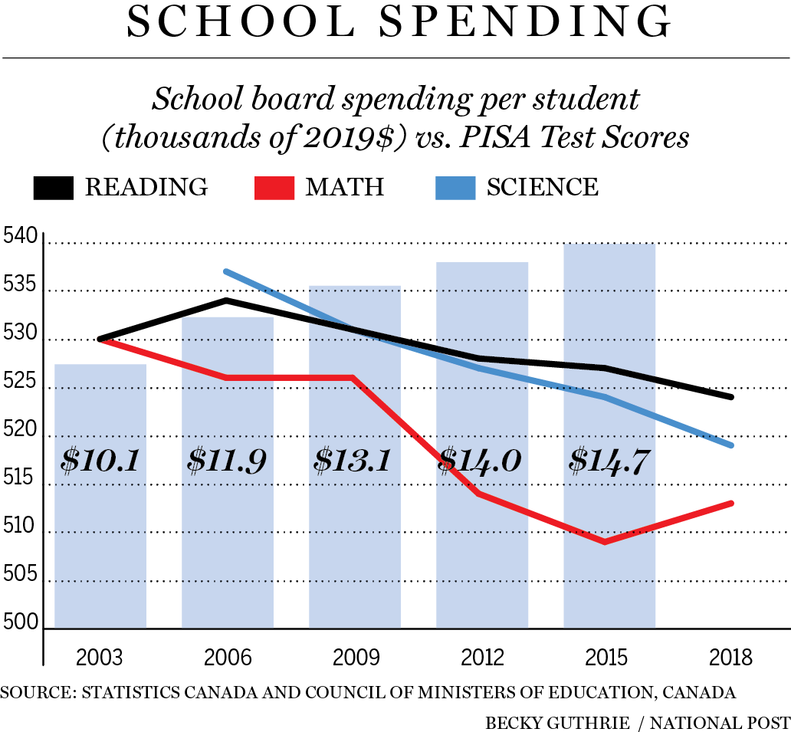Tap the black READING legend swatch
(54, 188)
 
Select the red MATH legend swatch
(274, 188)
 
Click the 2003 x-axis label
(100, 658)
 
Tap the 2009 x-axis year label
(355, 658)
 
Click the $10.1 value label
(100, 461)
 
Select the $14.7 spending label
(609, 461)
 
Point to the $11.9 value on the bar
(228, 461)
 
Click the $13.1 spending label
(355, 461)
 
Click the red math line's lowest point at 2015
(606, 542)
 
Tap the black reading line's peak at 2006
(227, 300)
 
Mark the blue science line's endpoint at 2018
(732, 445)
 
